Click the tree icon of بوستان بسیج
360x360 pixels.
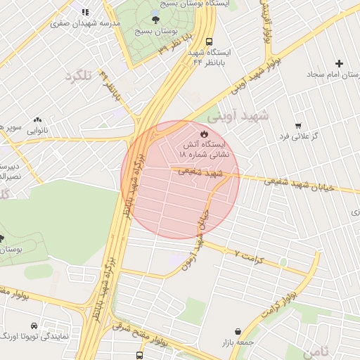pyautogui.click(x=155, y=20)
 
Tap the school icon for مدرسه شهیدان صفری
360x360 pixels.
pyautogui.click(x=85, y=12)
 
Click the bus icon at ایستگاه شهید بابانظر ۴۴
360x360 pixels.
pyautogui.click(x=209, y=42)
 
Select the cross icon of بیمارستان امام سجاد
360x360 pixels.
pyautogui.click(x=340, y=63)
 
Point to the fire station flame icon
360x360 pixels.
pyautogui.click(x=204, y=132)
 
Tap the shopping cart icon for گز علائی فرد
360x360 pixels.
pyautogui.click(x=299, y=125)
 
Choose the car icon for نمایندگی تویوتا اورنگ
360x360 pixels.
pyautogui.click(x=33, y=326)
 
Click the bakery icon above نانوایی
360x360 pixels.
pyautogui.click(x=37, y=120)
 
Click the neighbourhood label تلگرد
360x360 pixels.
pyautogui.click(x=78, y=76)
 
